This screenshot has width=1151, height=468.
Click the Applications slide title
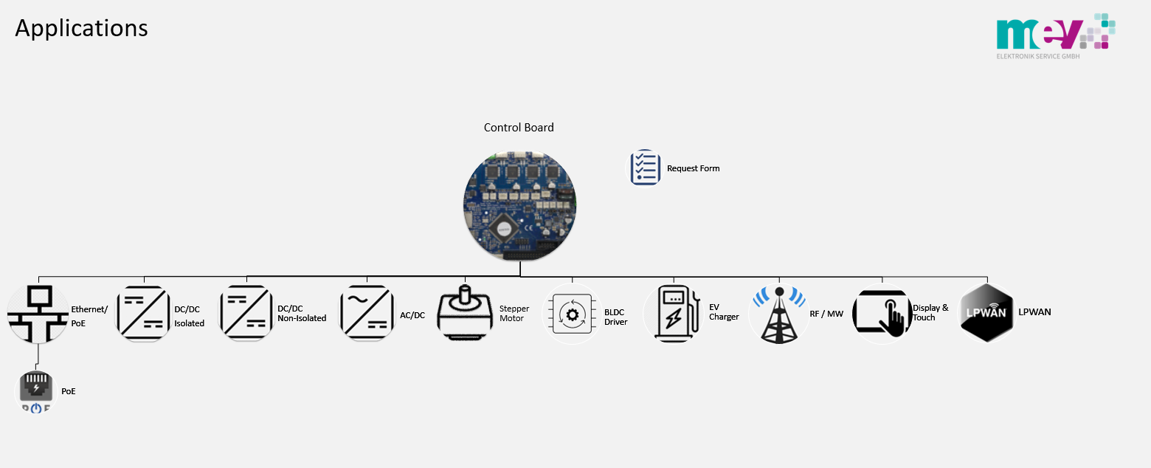click(82, 29)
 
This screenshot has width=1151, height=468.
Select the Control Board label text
click(519, 128)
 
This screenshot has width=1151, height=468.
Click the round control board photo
click(519, 204)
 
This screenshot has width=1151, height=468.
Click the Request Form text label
click(693, 168)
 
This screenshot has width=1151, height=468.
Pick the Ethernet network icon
click(38, 314)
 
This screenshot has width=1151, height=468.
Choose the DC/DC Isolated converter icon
click(144, 314)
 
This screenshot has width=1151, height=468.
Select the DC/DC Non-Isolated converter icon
click(247, 314)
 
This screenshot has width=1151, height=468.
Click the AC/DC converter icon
click(367, 314)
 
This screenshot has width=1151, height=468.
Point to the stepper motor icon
click(466, 314)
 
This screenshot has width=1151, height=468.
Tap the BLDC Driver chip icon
click(572, 314)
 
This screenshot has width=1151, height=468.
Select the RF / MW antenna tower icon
click(778, 314)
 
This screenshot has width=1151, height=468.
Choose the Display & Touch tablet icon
click(882, 314)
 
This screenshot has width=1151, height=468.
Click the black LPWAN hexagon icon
click(986, 313)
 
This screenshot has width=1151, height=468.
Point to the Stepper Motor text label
click(514, 314)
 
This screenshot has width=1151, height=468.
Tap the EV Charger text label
click(723, 312)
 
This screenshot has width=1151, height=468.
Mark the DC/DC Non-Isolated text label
click(301, 314)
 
